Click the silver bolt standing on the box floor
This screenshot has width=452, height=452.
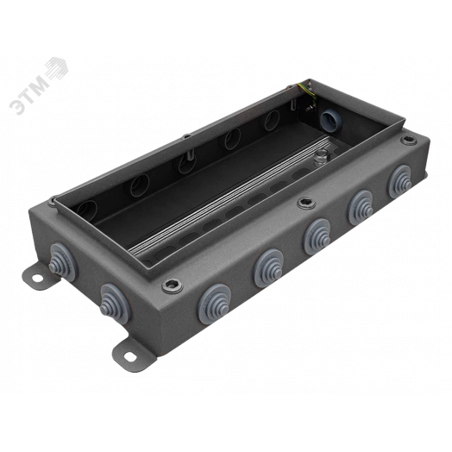click(x=321, y=154)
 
